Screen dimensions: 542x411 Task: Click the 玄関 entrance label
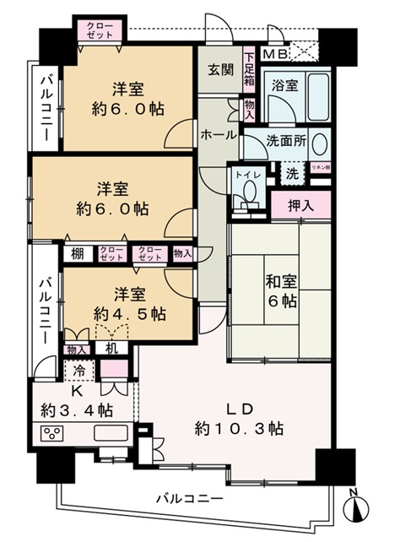pos(221,70)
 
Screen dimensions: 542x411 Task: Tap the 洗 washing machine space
pos(290,174)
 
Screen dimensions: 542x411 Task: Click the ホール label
pos(218,135)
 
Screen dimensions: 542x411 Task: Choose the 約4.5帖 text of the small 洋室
pos(130,313)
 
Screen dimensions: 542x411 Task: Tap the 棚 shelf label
pos(77,252)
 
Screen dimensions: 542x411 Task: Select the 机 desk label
pos(111,348)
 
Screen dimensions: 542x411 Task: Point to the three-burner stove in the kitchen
pos(53,436)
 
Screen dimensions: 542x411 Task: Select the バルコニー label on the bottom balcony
pos(189,499)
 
